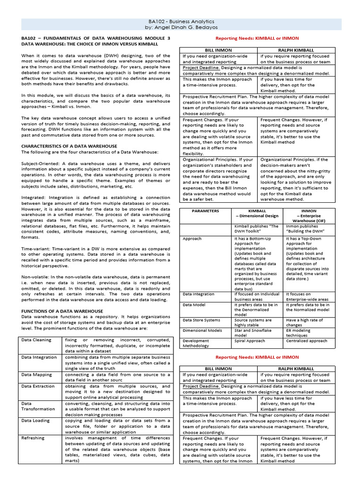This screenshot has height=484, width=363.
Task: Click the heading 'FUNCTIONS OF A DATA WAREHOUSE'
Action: click(62, 311)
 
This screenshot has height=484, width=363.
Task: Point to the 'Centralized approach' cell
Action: click(307, 340)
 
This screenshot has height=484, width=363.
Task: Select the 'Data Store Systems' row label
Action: click(201, 320)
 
